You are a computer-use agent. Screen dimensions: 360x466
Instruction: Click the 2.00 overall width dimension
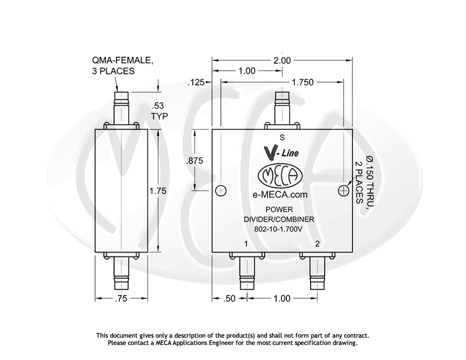click(282, 61)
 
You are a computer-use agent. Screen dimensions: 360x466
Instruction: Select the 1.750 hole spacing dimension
click(302, 82)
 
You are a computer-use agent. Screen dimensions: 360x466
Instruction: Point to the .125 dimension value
click(196, 83)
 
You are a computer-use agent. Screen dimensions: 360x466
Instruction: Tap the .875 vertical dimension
click(195, 161)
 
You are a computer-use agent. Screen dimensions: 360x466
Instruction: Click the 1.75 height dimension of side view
click(158, 191)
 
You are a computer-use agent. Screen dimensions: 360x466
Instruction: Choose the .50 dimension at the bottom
click(229, 298)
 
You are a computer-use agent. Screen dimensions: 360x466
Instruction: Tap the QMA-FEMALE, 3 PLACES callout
click(122, 66)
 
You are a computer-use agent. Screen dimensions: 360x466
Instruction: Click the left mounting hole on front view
click(221, 191)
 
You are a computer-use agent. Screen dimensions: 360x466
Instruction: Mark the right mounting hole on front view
click(344, 191)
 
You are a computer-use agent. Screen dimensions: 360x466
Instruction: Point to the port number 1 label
click(246, 244)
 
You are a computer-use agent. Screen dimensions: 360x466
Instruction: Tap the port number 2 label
click(317, 244)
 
